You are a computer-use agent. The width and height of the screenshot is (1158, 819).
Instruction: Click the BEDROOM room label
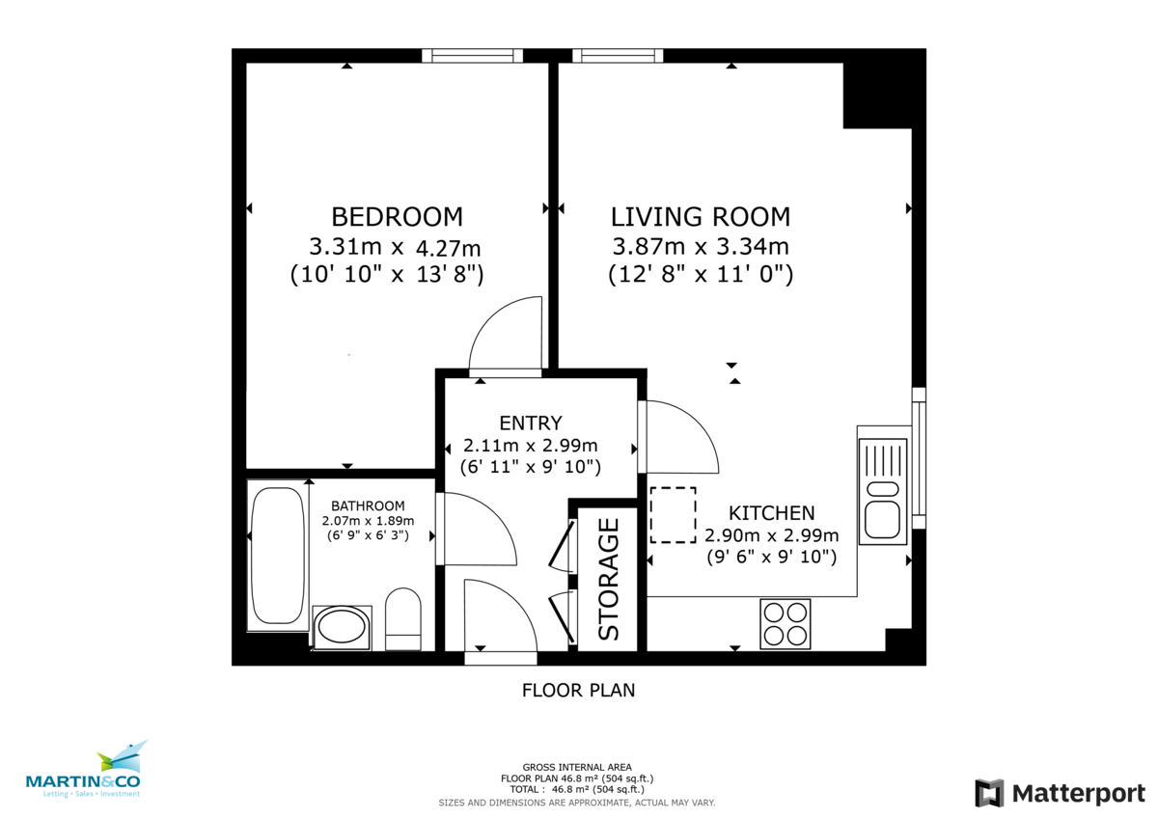(397, 217)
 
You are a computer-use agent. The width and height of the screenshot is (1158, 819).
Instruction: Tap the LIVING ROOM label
(701, 217)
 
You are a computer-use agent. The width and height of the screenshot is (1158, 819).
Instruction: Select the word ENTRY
(531, 423)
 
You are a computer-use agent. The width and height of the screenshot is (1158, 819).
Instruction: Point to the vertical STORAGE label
(609, 579)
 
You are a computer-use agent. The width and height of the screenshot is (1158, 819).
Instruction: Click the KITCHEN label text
(771, 513)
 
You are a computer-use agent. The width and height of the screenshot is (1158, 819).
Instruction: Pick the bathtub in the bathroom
(278, 556)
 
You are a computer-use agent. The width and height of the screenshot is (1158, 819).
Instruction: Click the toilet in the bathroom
(403, 618)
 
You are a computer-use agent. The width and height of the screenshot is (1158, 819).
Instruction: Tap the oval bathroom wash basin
(342, 626)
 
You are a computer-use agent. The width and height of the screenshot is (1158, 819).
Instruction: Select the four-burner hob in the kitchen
(786, 624)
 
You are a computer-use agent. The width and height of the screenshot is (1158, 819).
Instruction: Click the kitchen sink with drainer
(883, 491)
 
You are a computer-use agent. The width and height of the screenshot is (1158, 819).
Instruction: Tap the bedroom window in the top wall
(473, 56)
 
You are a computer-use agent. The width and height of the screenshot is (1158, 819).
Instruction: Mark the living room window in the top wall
(618, 56)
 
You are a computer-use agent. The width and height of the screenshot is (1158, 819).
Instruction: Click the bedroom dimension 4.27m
(448, 249)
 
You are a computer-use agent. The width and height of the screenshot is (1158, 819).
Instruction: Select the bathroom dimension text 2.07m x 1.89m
(368, 521)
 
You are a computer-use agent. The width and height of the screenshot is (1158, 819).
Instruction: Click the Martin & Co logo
(84, 770)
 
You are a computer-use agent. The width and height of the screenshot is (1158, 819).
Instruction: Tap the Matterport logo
(1060, 793)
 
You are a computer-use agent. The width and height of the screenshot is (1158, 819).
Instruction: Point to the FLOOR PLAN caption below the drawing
(578, 691)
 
